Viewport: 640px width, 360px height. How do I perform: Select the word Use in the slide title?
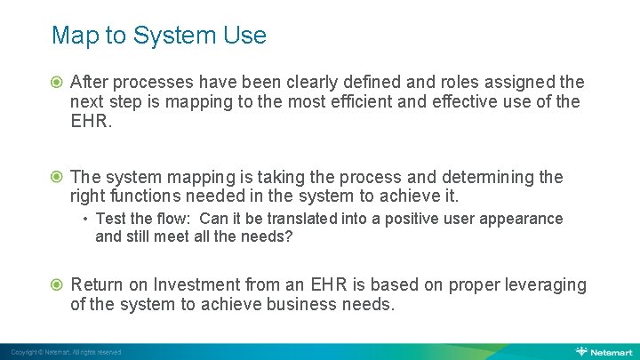click(245, 36)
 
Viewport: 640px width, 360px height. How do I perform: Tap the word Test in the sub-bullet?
click(111, 219)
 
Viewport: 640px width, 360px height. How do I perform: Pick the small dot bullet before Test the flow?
click(84, 219)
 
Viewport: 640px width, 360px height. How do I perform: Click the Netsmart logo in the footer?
click(604, 351)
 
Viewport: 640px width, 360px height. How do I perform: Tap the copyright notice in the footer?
click(67, 352)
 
